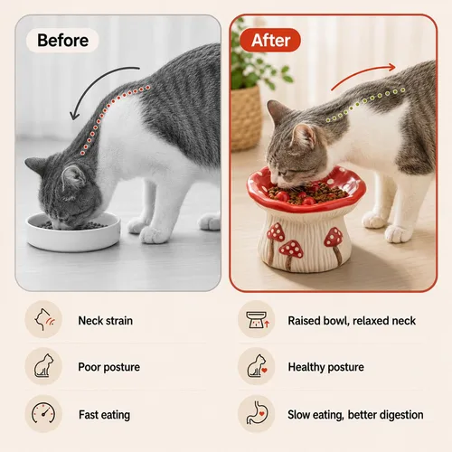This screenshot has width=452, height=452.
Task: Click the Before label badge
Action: coord(62,40)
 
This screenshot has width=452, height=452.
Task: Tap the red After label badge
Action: coord(270,40)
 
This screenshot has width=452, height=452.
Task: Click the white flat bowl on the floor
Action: coord(73,232)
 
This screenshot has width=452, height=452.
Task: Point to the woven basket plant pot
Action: coord(246,118)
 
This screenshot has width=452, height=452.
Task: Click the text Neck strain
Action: coord(106,321)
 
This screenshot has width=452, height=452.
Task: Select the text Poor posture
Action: coord(109,367)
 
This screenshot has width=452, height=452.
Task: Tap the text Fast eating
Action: coord(105,415)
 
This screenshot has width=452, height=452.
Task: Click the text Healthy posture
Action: coord(326,367)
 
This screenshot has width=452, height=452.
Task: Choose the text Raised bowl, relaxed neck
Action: coord(352,321)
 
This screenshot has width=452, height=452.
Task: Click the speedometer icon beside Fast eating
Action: coord(43,414)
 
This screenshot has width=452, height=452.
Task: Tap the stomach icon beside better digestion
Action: coord(257,412)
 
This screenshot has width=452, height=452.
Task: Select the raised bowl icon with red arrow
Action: coord(258,320)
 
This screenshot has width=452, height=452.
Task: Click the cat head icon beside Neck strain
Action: coord(44,319)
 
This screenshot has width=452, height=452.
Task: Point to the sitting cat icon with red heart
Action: coord(257,366)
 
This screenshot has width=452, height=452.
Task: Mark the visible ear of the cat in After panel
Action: coord(305,135)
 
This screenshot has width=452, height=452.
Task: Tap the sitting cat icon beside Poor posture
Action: coord(43,366)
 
